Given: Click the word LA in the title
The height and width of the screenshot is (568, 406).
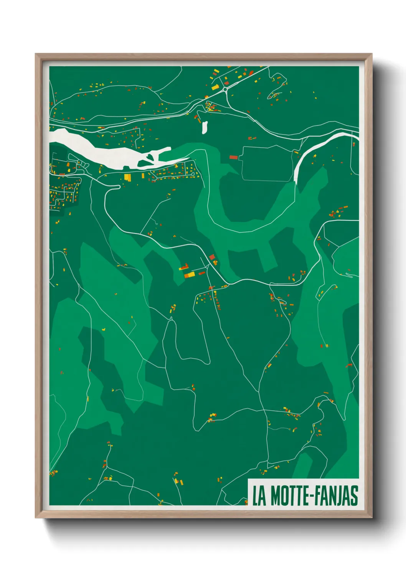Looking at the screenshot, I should (259, 496).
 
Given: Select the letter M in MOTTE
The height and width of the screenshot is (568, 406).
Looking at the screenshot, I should (277, 496).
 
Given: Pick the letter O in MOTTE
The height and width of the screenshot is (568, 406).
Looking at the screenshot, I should (287, 496).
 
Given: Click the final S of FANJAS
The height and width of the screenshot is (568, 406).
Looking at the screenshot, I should (354, 496).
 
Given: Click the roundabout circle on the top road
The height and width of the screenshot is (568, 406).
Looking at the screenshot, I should (225, 89).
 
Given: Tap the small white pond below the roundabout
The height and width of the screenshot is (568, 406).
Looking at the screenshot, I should (205, 127).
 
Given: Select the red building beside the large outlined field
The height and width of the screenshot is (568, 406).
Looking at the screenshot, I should (234, 157).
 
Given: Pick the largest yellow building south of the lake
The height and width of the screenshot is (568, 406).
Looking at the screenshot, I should (127, 177).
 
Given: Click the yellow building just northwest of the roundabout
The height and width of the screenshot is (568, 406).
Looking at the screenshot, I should (215, 88).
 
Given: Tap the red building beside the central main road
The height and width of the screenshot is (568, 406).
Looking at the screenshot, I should (211, 257).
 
